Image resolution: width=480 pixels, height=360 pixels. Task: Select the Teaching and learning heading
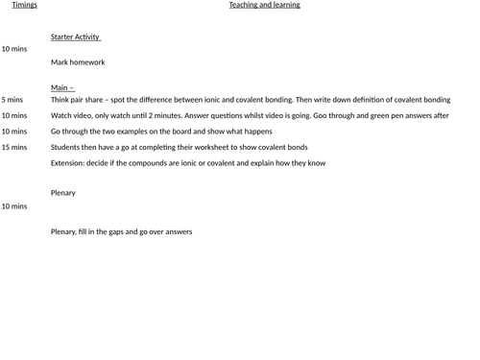pos(264,5)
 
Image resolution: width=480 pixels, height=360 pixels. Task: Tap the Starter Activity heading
pos(76,37)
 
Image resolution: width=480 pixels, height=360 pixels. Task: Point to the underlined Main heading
pos(61,87)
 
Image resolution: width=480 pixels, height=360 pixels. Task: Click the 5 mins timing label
pos(12,99)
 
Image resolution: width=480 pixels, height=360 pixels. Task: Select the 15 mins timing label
pos(14,147)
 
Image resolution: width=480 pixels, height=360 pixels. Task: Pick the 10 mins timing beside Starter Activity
pos(14,48)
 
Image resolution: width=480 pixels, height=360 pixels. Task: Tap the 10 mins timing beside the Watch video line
pos(14,115)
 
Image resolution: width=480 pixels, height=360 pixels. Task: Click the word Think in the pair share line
pos(60,99)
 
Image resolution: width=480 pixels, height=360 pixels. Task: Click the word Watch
pos(62,115)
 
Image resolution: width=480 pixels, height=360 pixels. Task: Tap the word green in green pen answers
pos(380,115)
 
